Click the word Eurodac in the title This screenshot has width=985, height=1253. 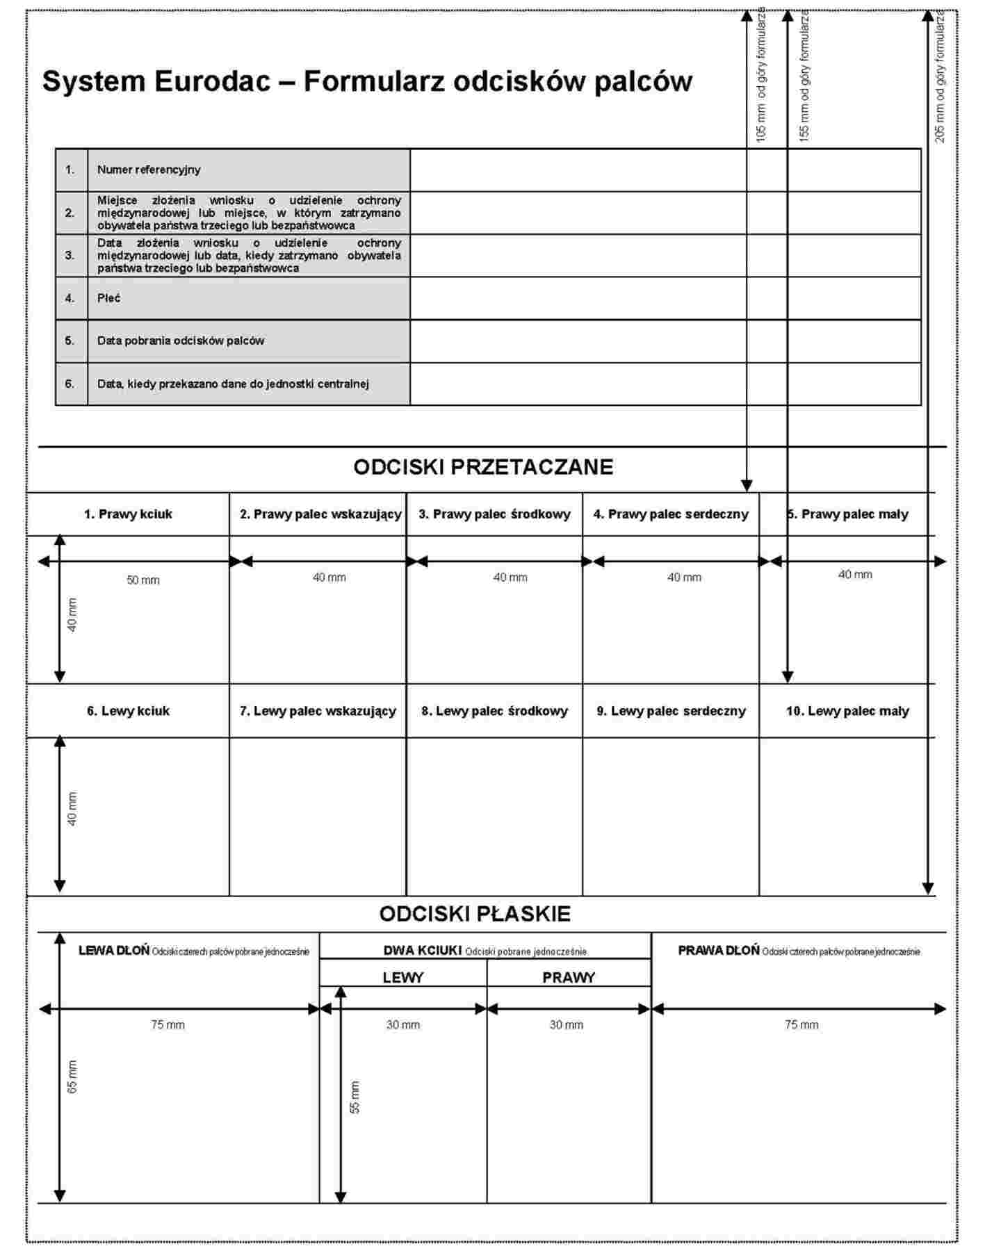(x=213, y=81)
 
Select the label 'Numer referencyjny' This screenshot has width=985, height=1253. (x=149, y=170)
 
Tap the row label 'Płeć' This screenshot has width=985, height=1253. (x=109, y=298)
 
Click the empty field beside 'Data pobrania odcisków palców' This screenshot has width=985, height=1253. (x=665, y=341)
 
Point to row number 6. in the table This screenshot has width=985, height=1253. (x=70, y=384)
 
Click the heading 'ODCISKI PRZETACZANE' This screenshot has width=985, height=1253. (x=483, y=467)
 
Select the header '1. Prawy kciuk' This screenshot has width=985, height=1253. (x=128, y=514)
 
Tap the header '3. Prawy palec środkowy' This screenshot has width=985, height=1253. (x=494, y=514)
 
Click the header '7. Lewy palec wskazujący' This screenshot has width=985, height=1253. (x=318, y=711)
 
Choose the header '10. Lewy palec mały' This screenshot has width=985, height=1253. (x=847, y=711)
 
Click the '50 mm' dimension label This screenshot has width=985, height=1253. (x=143, y=580)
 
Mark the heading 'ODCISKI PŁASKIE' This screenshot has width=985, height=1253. (x=475, y=914)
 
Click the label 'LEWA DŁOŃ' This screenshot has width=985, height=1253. (x=114, y=951)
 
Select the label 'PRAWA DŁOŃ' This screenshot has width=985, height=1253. (x=719, y=951)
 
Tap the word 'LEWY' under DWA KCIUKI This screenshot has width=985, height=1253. (x=403, y=978)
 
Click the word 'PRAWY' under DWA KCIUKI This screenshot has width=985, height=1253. (x=569, y=978)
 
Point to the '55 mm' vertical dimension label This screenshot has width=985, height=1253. (x=355, y=1098)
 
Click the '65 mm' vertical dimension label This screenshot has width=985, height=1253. (x=73, y=1077)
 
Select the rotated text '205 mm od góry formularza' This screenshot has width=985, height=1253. (x=940, y=76)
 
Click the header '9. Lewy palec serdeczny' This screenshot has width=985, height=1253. (x=671, y=711)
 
